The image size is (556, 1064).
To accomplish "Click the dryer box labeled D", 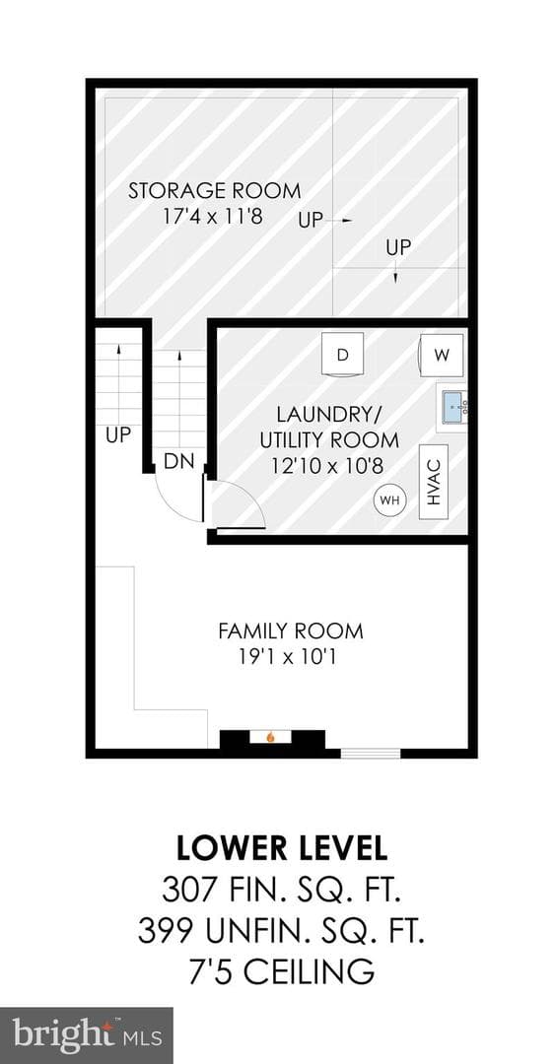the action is (343, 353).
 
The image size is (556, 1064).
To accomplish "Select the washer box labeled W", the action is (442, 354).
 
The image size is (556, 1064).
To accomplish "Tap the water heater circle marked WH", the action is (389, 500).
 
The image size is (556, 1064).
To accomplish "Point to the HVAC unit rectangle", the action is (435, 482).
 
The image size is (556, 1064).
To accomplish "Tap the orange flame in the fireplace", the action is (271, 736).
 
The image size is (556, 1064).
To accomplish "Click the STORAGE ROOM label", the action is (215, 191).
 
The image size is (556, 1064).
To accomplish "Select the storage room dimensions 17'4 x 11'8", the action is (213, 217).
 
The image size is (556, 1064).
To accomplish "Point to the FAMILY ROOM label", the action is (291, 632).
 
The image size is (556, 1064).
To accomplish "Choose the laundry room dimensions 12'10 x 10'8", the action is (329, 467).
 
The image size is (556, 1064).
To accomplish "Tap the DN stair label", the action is (179, 462).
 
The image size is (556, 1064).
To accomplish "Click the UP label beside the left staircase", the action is (118, 435).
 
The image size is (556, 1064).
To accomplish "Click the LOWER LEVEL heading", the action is (282, 848).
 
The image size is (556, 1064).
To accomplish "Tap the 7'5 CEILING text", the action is (282, 971).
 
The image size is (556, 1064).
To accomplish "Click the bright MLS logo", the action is (86, 1036).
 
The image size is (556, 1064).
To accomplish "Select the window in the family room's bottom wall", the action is (371, 754).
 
